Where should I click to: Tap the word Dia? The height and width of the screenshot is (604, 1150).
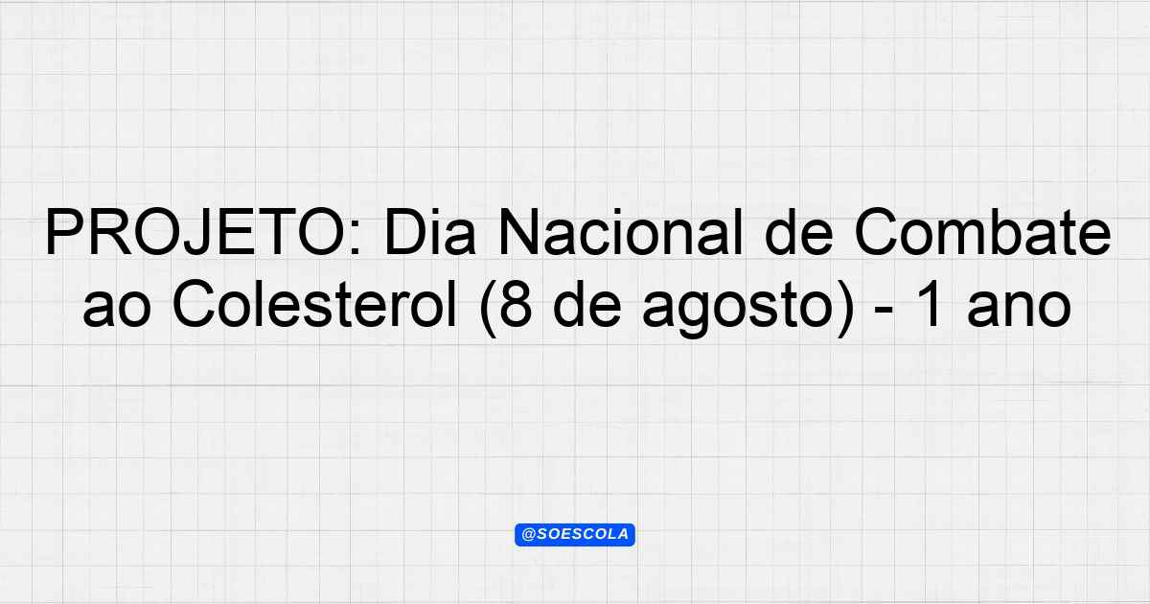pos(430,231)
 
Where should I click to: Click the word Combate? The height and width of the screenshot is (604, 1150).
pos(982,231)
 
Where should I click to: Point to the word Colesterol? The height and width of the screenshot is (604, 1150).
pos(314,305)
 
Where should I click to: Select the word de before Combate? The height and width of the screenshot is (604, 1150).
pos(799,231)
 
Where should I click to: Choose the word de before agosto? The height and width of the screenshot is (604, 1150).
pos(588,305)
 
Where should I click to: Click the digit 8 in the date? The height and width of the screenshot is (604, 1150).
pos(516,305)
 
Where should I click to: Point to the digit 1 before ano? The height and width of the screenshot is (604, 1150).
pos(929,305)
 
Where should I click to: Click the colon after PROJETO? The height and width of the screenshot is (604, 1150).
pos(356,239)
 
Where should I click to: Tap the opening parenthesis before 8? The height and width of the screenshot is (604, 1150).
pos(488,308)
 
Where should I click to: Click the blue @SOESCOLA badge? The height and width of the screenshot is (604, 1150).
pos(575,535)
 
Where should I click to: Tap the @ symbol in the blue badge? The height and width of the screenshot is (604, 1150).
pos(528,535)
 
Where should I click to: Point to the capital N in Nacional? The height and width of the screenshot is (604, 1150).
pos(519,232)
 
